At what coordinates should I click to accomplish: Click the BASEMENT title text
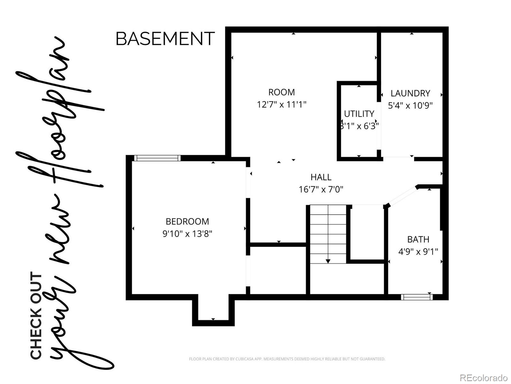coord(165,39)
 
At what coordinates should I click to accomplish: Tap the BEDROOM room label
coord(187,221)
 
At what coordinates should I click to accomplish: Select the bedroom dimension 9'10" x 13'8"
coord(187,234)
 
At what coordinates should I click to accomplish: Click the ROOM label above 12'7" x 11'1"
coord(281,92)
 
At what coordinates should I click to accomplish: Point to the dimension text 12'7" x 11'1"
coord(281,105)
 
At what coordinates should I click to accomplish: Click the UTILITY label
coord(359,114)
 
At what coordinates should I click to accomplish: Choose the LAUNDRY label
coord(410,93)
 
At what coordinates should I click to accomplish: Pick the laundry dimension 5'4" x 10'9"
coord(410,106)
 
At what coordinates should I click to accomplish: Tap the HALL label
coord(321,177)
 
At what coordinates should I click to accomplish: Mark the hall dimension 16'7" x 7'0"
coord(321,189)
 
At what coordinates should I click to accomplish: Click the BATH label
coord(418,239)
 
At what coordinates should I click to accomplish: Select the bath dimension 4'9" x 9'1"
coord(418,252)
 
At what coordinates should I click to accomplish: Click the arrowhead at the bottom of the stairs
coord(328,261)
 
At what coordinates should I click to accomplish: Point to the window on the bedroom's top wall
coord(157,158)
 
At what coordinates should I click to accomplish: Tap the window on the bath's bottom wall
coord(417,297)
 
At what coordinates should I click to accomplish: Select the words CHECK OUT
coord(36,315)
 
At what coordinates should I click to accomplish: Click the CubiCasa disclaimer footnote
coord(287,359)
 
